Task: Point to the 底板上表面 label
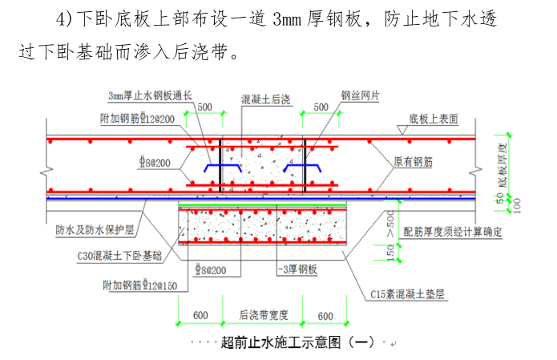434,119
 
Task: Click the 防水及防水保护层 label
90,229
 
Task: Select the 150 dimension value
390,253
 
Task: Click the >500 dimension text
390,222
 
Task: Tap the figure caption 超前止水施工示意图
296,342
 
